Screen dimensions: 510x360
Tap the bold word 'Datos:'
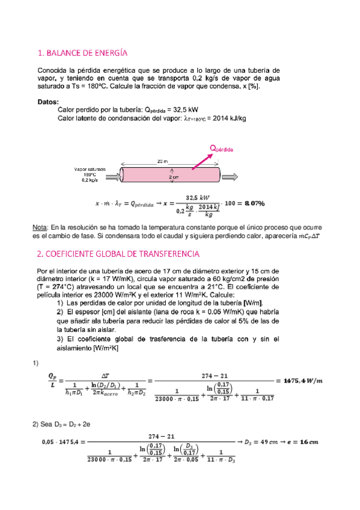[x=48, y=102]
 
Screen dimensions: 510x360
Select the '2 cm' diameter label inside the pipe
[x=174, y=177]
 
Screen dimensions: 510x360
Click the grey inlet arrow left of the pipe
[x=112, y=175]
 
